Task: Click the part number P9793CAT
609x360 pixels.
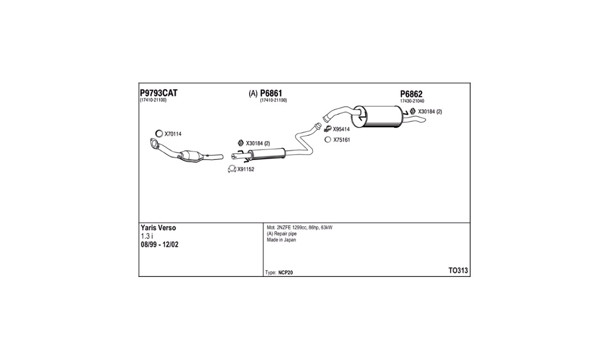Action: click(x=158, y=93)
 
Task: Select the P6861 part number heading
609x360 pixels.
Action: click(x=271, y=93)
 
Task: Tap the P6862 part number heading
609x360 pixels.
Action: click(x=411, y=94)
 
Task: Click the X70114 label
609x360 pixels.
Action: click(x=173, y=134)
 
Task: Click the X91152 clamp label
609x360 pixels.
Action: click(x=246, y=169)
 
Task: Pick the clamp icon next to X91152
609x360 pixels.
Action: click(x=232, y=169)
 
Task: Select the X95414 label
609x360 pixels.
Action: click(x=342, y=129)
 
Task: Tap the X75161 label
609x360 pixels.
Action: click(x=342, y=140)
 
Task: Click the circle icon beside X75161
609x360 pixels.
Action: click(x=328, y=140)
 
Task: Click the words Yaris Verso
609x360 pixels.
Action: click(x=158, y=228)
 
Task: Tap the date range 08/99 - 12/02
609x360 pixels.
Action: click(x=159, y=245)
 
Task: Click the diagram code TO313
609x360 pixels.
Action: click(x=458, y=271)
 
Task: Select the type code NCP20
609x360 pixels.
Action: click(x=286, y=272)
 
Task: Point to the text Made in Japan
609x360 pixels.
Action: click(x=281, y=240)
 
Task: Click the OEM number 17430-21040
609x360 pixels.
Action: click(x=412, y=101)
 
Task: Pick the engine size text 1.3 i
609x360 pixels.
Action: click(x=147, y=236)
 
